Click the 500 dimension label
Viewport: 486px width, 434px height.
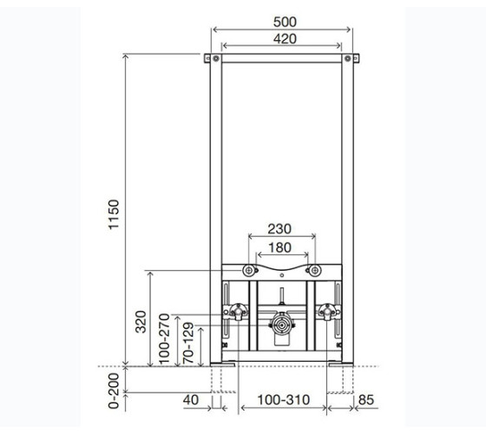(x=285, y=22)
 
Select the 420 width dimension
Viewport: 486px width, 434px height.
(x=285, y=39)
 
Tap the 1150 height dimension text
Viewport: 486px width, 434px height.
(x=114, y=214)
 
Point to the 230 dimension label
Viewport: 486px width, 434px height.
(x=279, y=229)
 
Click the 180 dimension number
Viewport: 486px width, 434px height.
(x=279, y=247)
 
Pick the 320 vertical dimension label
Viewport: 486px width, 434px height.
(x=141, y=322)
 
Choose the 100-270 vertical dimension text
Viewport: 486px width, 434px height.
(x=164, y=339)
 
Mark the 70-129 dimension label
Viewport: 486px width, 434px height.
(x=188, y=343)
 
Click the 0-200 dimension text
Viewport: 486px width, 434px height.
(x=114, y=391)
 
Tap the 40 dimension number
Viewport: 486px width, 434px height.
(x=191, y=400)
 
